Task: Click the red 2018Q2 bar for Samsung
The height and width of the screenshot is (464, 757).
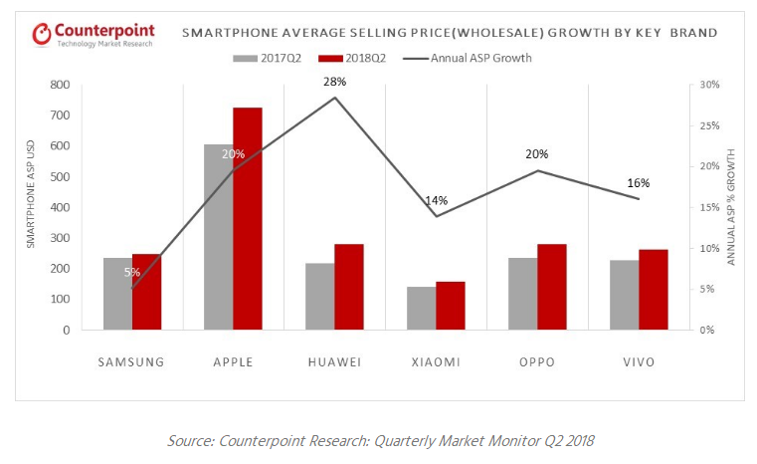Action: [x=146, y=292]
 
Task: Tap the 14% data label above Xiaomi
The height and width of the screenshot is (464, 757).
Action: [x=437, y=200]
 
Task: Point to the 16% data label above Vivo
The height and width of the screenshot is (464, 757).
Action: [x=638, y=183]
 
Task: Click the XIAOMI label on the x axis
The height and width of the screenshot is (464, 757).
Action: [x=436, y=361]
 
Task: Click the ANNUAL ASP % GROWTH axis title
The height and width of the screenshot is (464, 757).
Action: [x=731, y=207]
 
